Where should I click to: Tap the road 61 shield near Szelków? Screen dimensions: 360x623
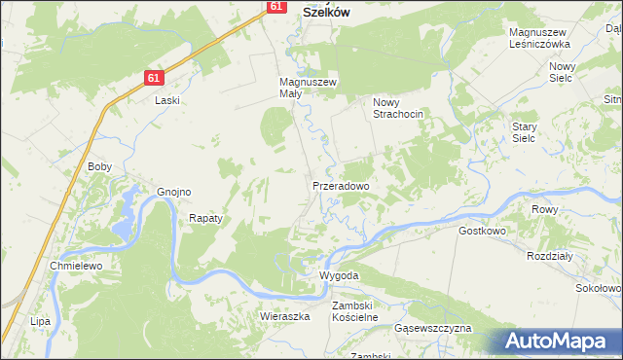[x=276, y=6]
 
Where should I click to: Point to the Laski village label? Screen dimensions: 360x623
[x=167, y=99]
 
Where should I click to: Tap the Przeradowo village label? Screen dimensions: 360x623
[x=340, y=185]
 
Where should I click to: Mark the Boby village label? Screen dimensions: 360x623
[x=100, y=166]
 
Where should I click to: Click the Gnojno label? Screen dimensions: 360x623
[x=173, y=192]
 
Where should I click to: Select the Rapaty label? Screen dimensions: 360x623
[x=206, y=218]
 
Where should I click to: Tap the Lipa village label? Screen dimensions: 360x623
[x=40, y=320]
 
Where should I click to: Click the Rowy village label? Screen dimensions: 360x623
[x=543, y=209]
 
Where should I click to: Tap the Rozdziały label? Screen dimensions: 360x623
[x=548, y=256]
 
